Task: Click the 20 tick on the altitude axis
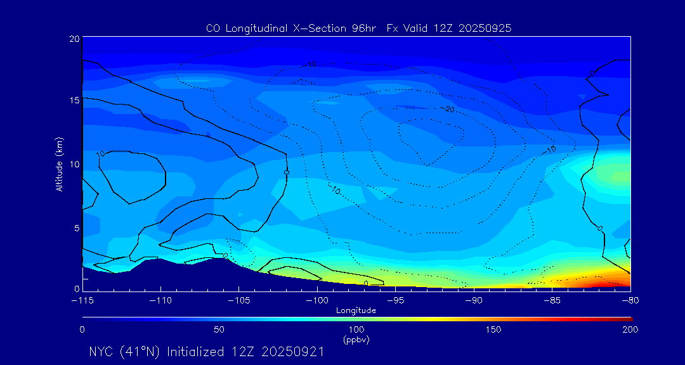(x=74, y=39)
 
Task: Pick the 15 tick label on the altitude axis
(x=74, y=100)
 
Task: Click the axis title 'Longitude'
(x=356, y=311)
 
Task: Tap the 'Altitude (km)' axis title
(x=59, y=164)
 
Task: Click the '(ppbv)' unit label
(x=356, y=340)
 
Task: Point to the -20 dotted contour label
(x=449, y=110)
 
